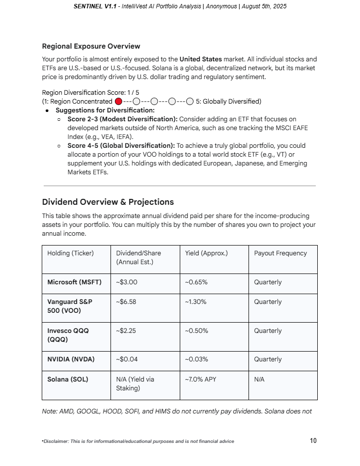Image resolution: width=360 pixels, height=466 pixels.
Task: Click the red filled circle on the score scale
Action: pos(118,102)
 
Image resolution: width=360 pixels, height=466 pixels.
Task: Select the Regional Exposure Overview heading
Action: pos(91,46)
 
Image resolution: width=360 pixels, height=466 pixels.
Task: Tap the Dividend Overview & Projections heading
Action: pos(108,202)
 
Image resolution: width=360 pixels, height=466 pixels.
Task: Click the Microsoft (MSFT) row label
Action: pos(74,282)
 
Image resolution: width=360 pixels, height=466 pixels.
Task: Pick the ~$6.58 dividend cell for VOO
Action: pos(127,302)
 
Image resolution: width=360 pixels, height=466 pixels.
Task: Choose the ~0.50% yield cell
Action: pos(196,331)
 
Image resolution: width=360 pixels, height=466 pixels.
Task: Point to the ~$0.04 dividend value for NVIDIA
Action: pos(127,359)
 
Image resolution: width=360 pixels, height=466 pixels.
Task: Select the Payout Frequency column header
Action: pos(280,253)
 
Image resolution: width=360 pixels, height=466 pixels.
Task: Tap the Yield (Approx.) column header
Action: pos(206,253)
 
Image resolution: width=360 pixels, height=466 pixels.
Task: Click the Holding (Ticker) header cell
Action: pos(70,253)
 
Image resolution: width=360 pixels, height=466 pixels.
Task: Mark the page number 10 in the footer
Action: pos(313,440)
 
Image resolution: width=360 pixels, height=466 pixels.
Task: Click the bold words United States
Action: pos(200,59)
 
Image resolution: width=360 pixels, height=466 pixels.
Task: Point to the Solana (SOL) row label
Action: pos(68,380)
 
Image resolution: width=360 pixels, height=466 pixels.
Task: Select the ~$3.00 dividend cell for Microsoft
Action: pos(127,282)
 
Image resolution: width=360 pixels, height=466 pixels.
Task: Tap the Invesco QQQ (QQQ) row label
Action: pos(68,335)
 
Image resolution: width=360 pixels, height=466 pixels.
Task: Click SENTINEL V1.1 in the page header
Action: pos(94,6)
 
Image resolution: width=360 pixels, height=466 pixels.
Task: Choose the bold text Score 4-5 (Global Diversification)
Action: pos(121,146)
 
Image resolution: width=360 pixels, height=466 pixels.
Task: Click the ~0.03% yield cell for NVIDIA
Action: pos(196,359)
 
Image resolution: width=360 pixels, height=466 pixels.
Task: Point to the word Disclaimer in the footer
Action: pos(57,441)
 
